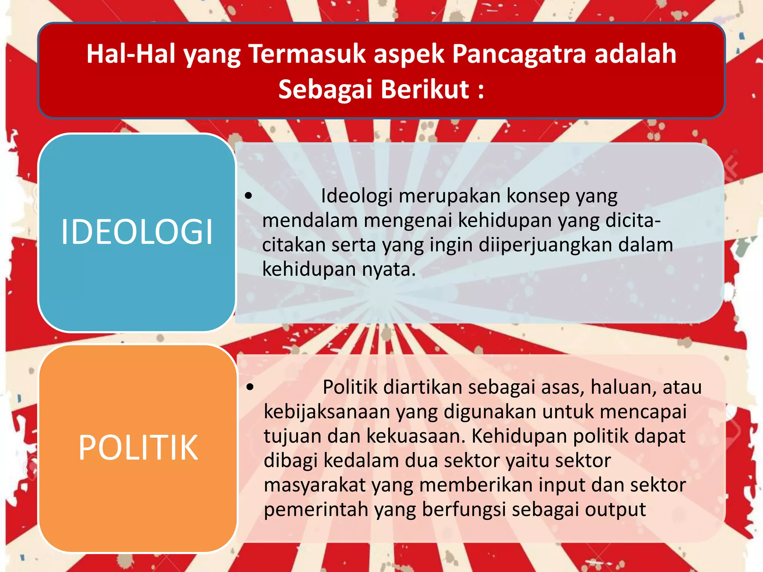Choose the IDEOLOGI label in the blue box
pos(137,232)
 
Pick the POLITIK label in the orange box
pos(138,448)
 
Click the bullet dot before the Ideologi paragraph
pos(249,195)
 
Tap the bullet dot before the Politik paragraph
pos(250,387)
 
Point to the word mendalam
pos(310,220)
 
